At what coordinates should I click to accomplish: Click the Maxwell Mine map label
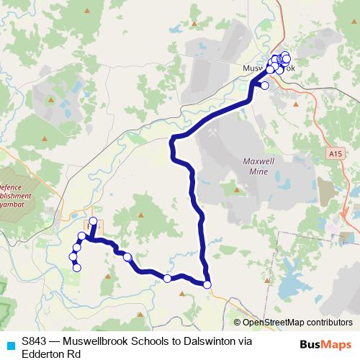(x=256, y=168)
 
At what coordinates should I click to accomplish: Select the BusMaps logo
(x=326, y=343)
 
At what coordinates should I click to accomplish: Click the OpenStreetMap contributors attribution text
(x=293, y=323)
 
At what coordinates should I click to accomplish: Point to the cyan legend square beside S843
(x=10, y=343)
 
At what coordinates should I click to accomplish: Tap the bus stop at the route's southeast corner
(x=207, y=284)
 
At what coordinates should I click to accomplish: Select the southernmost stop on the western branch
(x=77, y=268)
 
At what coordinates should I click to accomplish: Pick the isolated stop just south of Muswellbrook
(x=264, y=86)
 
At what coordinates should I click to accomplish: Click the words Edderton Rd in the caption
(x=50, y=354)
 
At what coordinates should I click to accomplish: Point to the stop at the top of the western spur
(x=93, y=221)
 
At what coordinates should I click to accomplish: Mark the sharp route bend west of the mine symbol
(x=172, y=139)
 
